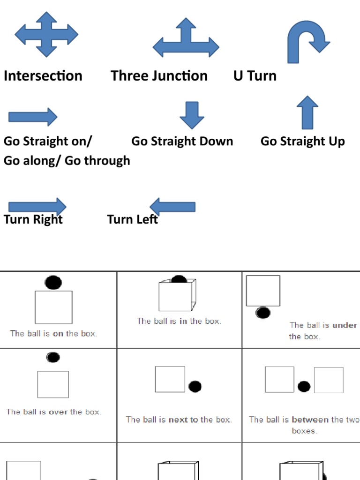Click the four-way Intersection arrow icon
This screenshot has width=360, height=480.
46,34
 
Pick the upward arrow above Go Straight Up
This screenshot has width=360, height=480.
307,112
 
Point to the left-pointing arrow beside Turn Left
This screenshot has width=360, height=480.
172,207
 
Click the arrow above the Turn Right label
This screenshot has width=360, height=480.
37,207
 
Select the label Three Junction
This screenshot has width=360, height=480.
159,76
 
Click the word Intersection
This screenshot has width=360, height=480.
43,76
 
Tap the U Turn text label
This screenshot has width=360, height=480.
255,76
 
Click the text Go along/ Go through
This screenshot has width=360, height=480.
67,160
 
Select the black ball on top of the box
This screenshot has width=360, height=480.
53,282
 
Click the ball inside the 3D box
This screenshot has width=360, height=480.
179,280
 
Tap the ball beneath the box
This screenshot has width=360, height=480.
263,313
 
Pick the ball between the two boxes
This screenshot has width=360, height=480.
304,386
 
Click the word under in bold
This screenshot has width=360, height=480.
345,325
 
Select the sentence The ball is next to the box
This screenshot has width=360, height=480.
179,420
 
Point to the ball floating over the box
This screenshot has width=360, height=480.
53,357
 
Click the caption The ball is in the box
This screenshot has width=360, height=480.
179,321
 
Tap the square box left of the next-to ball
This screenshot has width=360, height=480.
170,379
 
